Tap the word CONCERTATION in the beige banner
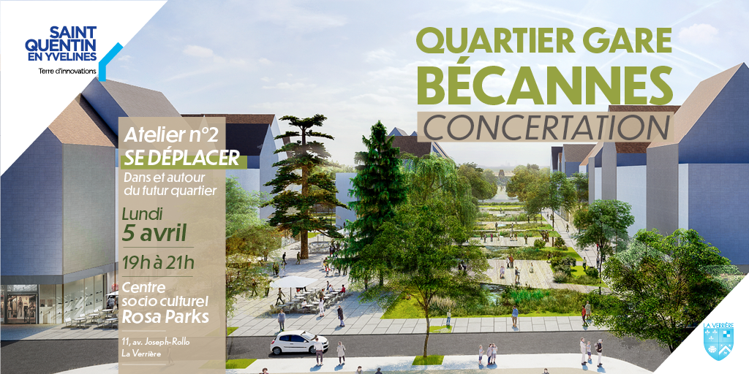546,126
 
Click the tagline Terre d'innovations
67,72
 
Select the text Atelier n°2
171,135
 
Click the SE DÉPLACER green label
181,159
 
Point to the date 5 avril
154,234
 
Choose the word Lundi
143,214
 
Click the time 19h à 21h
158,262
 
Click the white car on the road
299,343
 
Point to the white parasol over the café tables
294,283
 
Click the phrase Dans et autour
165,178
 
